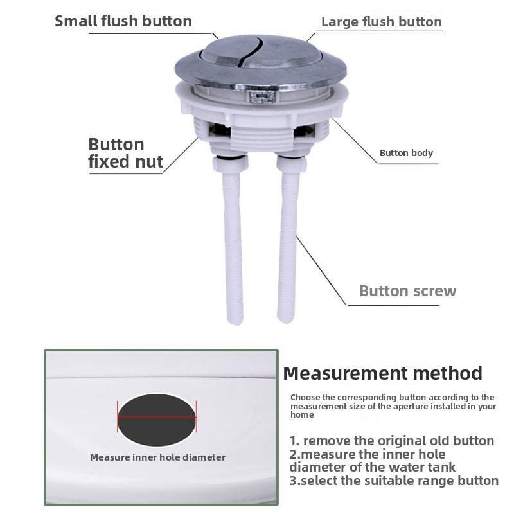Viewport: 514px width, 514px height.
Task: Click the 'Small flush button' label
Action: click(123, 21)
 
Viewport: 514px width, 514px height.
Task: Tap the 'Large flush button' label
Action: click(381, 22)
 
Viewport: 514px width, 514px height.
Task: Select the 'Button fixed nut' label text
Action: click(125, 153)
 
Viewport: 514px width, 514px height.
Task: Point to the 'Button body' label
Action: click(406, 153)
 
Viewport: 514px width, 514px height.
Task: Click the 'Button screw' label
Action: click(407, 291)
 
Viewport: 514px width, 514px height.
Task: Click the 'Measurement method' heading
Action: click(382, 373)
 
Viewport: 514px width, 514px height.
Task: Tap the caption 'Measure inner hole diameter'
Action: click(157, 457)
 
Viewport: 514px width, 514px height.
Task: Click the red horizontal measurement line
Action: click(157, 416)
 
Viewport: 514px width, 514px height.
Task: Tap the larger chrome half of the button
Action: click(283, 55)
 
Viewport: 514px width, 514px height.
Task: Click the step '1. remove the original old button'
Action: click(392, 441)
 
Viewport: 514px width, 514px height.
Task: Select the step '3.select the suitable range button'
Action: click(394, 480)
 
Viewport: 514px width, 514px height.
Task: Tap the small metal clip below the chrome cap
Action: click(260, 97)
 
